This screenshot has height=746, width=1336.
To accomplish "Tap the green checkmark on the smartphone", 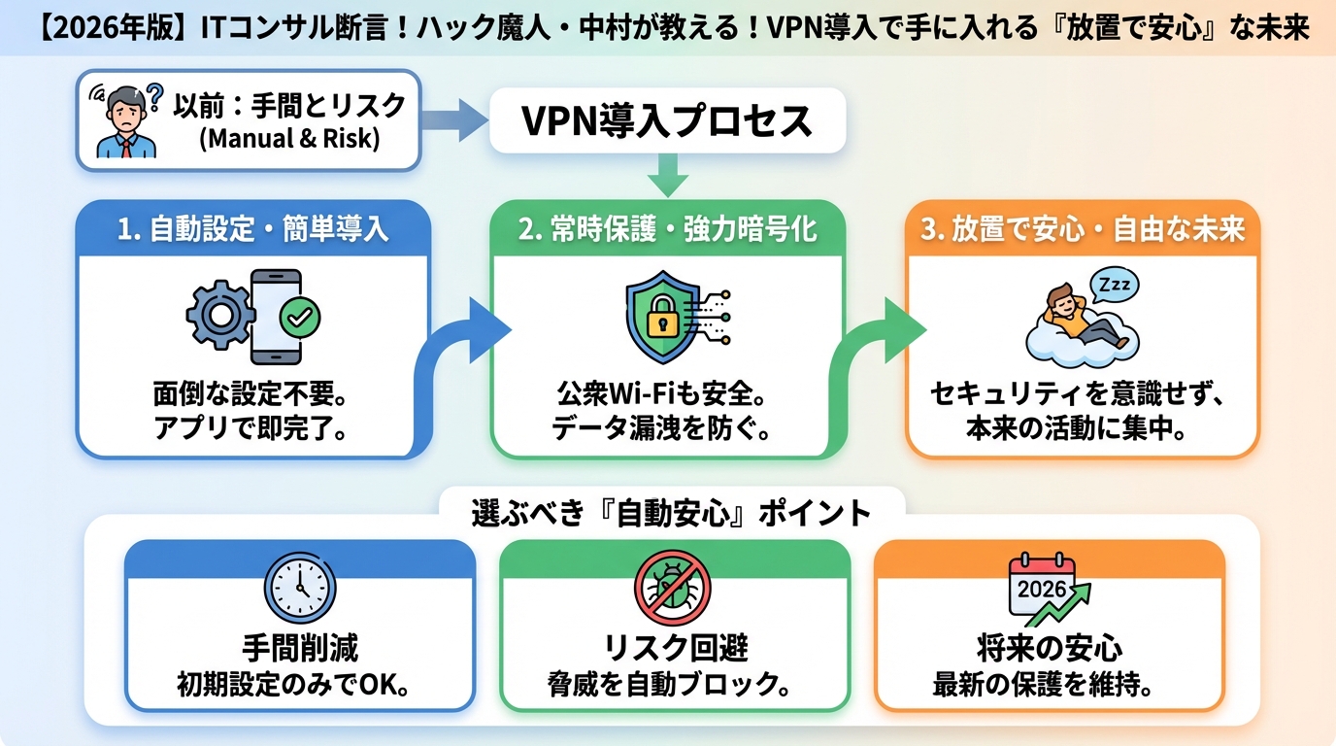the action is (299, 316).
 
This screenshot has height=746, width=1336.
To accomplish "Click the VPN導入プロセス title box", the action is (667, 121).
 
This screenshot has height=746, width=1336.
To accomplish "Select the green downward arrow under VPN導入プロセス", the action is (668, 178).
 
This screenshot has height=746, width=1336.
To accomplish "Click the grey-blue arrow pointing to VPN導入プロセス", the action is (453, 121).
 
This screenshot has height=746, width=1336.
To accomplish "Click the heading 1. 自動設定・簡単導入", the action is (252, 229).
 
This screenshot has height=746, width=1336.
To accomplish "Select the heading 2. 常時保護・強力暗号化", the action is (668, 229).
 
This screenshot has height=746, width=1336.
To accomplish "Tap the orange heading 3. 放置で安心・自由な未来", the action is (1082, 229).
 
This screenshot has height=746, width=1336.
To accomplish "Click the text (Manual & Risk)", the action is (288, 138).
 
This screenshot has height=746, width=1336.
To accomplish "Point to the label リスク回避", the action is (673, 648).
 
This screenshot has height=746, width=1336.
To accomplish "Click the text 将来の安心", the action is (1049, 648).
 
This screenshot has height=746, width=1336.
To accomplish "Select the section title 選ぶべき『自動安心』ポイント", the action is (671, 512).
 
